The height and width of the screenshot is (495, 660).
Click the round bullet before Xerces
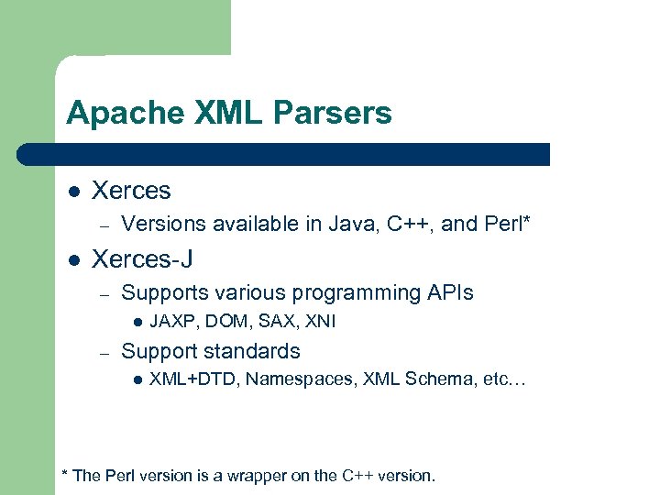click(73, 192)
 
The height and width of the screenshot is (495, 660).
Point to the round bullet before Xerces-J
click(73, 260)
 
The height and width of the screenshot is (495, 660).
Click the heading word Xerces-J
click(142, 259)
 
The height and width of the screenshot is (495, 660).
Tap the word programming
click(357, 293)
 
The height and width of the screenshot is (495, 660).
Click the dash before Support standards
click(105, 352)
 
